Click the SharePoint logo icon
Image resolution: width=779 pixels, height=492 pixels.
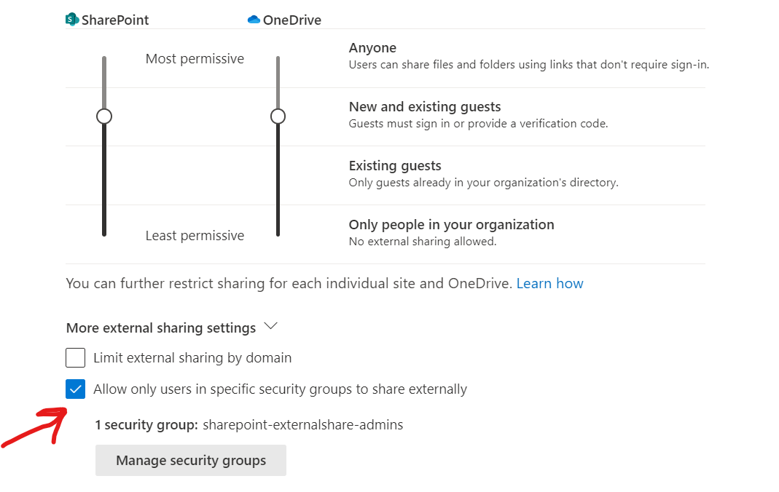click(x=71, y=20)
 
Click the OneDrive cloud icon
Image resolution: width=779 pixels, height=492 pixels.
click(x=254, y=20)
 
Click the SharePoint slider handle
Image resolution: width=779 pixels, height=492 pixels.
click(x=104, y=116)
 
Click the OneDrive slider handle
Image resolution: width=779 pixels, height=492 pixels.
click(x=278, y=116)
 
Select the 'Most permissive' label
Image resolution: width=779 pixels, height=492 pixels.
click(x=195, y=59)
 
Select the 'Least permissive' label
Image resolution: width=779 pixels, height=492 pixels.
click(x=195, y=236)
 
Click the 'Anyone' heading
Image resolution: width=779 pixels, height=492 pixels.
click(x=372, y=48)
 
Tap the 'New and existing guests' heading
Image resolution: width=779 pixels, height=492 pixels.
click(x=425, y=107)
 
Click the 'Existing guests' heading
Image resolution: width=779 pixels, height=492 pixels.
click(x=395, y=166)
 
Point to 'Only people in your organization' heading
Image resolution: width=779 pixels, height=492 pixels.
click(x=451, y=225)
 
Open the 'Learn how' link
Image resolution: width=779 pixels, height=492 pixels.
click(x=549, y=283)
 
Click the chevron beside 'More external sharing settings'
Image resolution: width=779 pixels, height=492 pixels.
click(x=271, y=327)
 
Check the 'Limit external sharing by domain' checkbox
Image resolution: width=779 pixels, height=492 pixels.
click(x=76, y=358)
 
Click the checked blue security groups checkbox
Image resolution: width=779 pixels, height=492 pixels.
click(x=76, y=389)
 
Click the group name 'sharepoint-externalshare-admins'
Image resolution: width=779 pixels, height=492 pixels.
click(x=302, y=424)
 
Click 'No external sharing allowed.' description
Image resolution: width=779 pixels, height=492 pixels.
click(x=423, y=242)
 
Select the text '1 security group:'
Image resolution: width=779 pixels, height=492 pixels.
click(x=146, y=424)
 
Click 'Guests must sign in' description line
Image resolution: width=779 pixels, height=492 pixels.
click(x=478, y=124)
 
